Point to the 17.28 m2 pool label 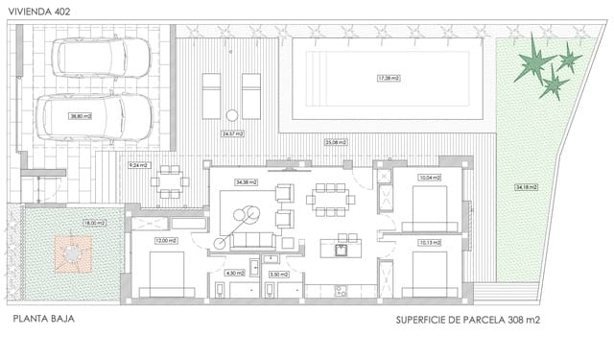click(389, 78)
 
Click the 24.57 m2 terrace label click(231, 132)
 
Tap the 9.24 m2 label click(138, 166)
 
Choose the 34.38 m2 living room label click(248, 182)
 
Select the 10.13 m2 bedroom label click(429, 244)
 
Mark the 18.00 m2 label click(91, 222)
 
